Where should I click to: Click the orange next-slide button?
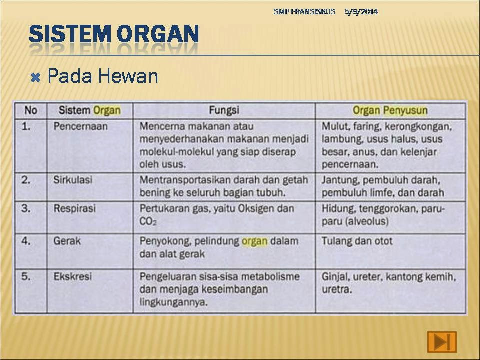click(442, 341)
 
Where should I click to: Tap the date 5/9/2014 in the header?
click(361, 12)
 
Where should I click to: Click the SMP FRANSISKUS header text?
click(304, 12)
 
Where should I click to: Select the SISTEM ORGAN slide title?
click(114, 34)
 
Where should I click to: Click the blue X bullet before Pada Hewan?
click(36, 78)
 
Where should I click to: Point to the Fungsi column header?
click(224, 110)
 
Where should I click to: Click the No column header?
click(31, 110)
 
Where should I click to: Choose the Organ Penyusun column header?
click(390, 110)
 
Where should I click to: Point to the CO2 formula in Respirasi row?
click(148, 221)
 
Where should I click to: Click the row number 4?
click(26, 241)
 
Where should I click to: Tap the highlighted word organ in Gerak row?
click(254, 241)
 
